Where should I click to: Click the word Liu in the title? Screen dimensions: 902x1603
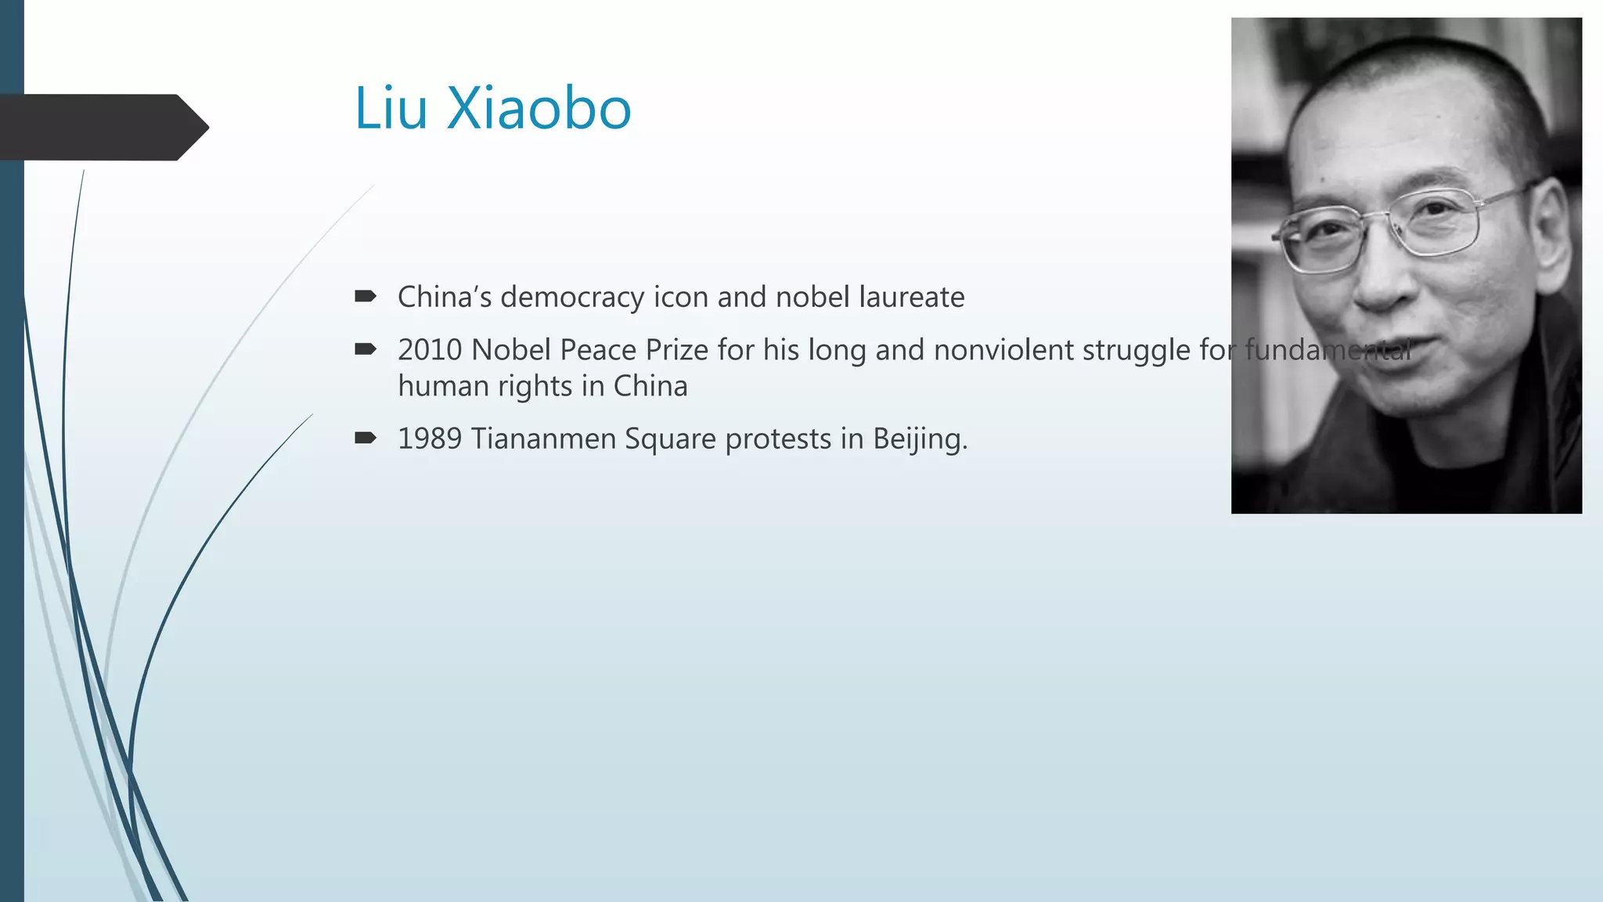pos(391,108)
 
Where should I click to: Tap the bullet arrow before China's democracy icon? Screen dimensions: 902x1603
pos(366,296)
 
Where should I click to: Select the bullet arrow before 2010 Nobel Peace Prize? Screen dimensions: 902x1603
pos(366,349)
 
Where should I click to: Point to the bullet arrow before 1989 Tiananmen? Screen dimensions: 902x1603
pos(366,438)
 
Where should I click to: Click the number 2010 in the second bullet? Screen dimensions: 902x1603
pos(430,350)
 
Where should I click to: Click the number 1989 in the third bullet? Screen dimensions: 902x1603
pos(430,438)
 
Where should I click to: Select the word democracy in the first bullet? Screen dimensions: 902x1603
pos(572,298)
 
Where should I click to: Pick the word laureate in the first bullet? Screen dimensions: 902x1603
pos(912,298)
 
